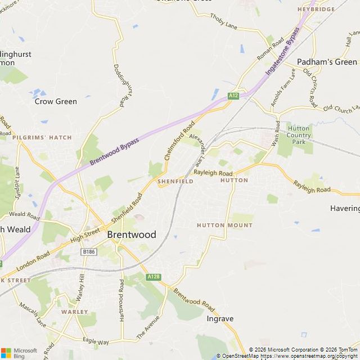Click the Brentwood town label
pos(131,235)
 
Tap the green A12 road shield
pos(233,96)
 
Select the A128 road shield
pos(153,277)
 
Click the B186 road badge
pos(88,251)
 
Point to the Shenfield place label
pos(175,182)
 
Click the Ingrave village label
pos(220,318)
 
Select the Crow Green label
pos(56,102)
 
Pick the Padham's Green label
pos(327,62)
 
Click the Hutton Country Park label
pos(299,135)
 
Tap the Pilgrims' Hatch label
pos(42,137)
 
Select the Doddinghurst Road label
pos(125,82)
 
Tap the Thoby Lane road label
pos(224,21)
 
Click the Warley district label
pos(75,312)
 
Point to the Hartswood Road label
pos(121,300)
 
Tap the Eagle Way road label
pos(96,341)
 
